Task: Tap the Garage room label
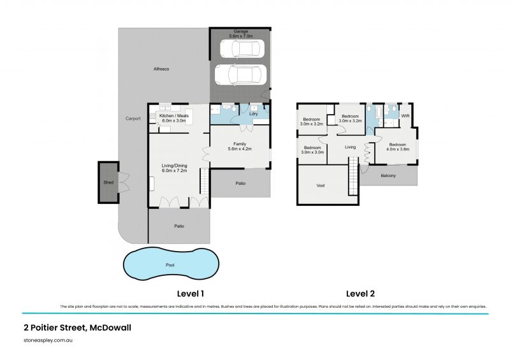240,31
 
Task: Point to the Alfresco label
161,68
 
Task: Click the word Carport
133,119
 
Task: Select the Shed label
108,183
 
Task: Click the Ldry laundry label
252,115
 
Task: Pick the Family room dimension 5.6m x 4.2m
239,148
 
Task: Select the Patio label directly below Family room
240,184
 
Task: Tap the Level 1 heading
190,294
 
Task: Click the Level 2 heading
360,294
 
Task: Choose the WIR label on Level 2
405,115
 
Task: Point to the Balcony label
388,176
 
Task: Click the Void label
321,186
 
